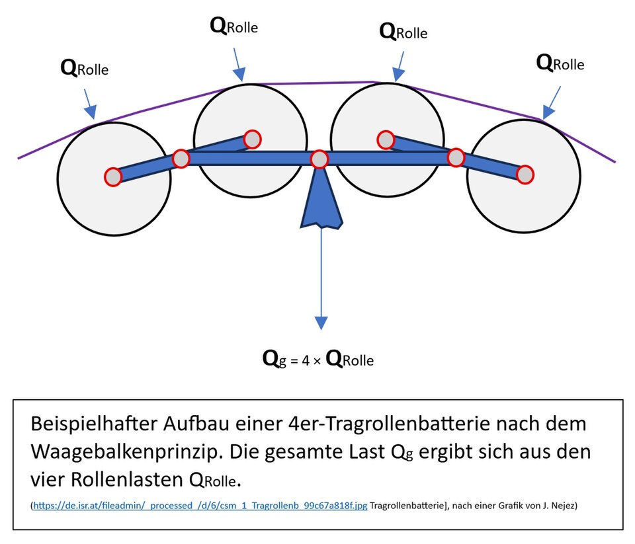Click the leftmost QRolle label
pyautogui.click(x=84, y=68)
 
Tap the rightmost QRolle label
pyautogui.click(x=560, y=63)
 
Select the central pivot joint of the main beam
pyautogui.click(x=319, y=159)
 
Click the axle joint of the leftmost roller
pyautogui.click(x=113, y=176)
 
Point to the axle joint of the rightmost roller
pyautogui.click(x=525, y=174)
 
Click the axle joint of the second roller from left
pyautogui.click(x=252, y=139)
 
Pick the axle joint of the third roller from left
pyautogui.click(x=386, y=139)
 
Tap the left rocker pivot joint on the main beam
pyautogui.click(x=181, y=159)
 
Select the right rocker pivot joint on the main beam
pyautogui.click(x=456, y=157)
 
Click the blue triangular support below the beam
pyautogui.click(x=321, y=202)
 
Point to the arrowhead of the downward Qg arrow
pyautogui.click(x=321, y=322)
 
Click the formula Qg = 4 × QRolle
pyautogui.click(x=318, y=360)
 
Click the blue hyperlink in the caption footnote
pyautogui.click(x=200, y=506)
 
